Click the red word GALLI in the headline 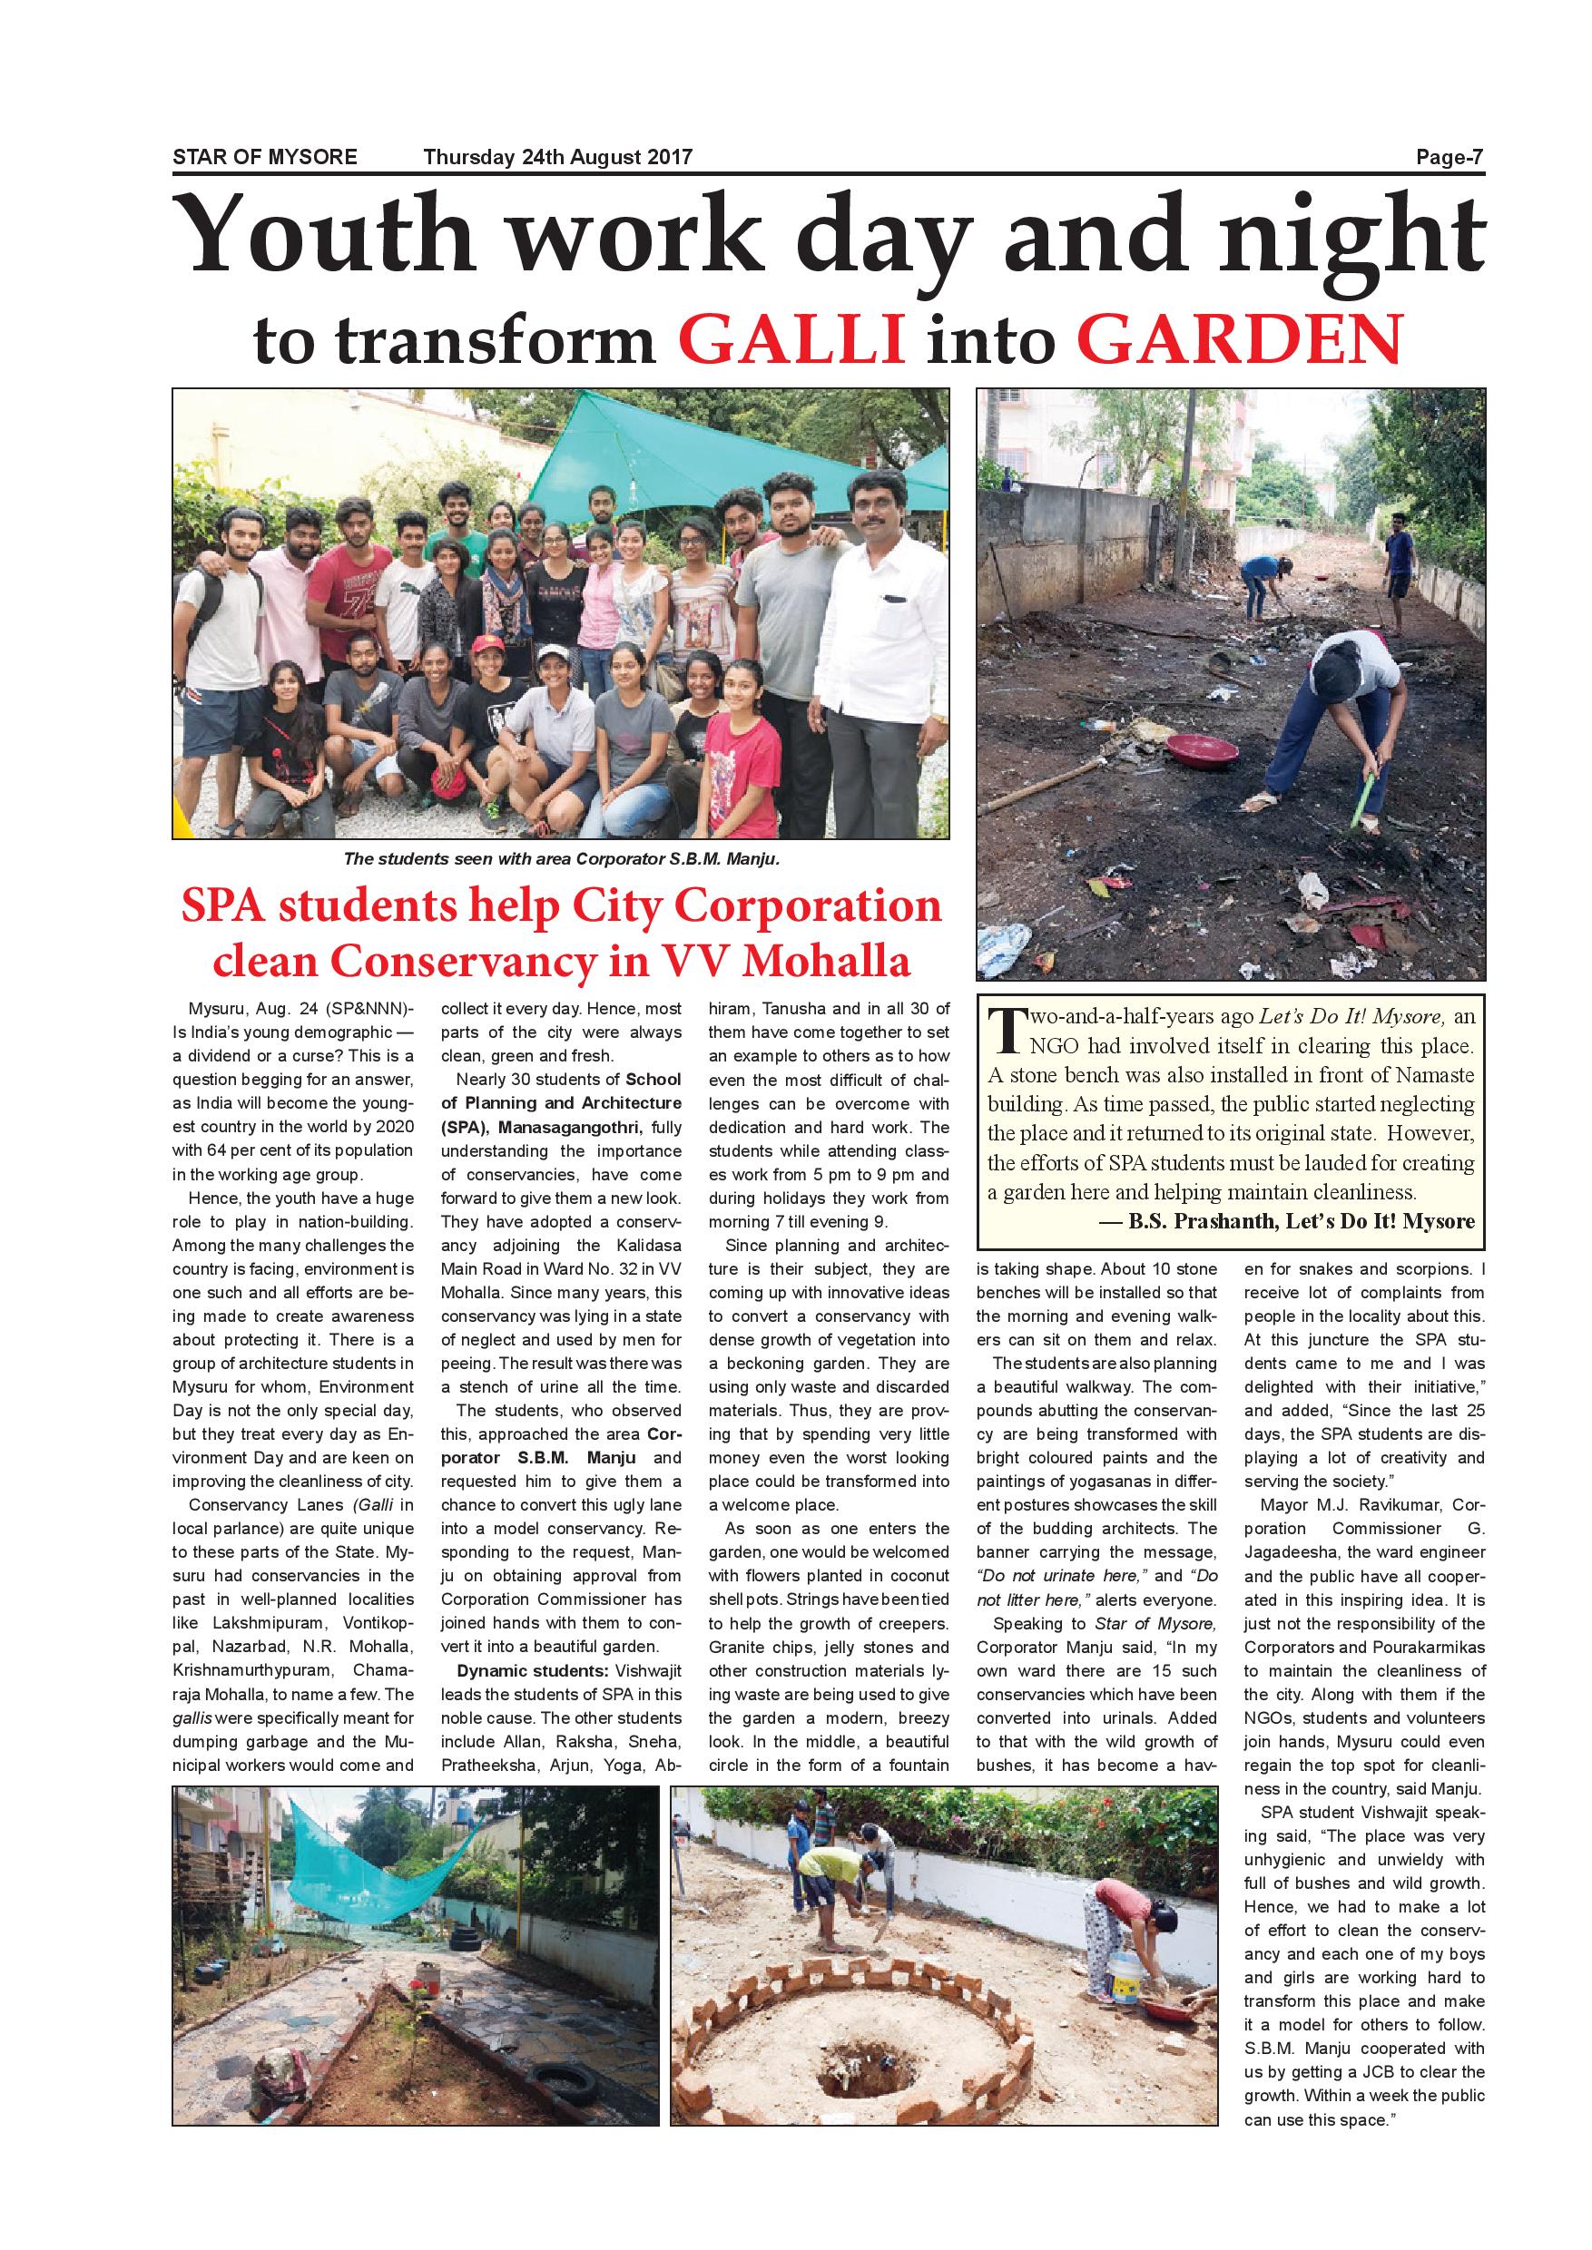(x=791, y=339)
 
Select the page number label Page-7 (x=1449, y=157)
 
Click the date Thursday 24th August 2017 (x=558, y=157)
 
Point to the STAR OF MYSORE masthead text (x=265, y=157)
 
